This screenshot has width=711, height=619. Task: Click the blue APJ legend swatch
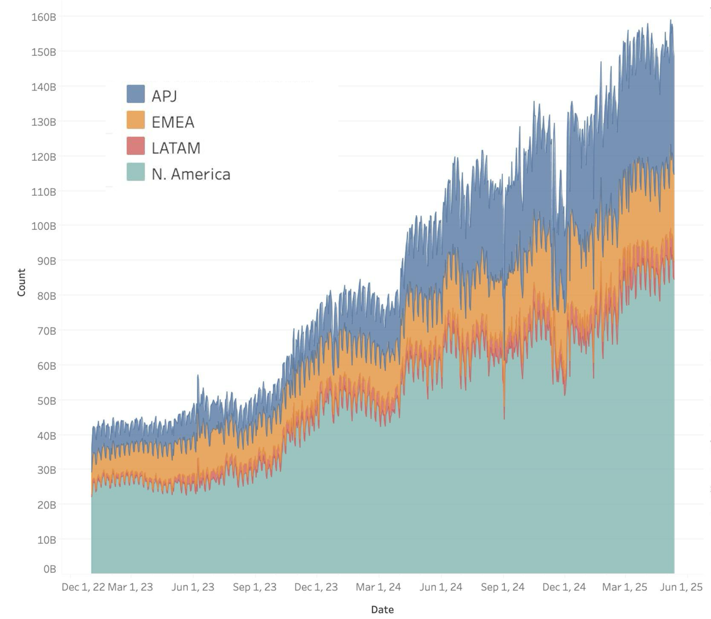136,94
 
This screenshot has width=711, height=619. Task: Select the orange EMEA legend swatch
136,120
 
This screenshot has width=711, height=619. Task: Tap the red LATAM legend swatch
136,146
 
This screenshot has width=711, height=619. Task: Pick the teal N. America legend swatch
136,172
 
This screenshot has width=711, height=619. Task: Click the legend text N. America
191,174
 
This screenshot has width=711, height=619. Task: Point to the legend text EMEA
173,122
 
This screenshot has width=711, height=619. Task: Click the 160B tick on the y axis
43,17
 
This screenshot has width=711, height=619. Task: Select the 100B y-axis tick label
43,226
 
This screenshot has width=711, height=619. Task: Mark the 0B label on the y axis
49,569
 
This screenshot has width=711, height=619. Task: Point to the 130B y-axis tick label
43,122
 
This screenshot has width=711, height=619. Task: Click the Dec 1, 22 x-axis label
83,587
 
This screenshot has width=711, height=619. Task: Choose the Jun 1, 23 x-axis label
193,587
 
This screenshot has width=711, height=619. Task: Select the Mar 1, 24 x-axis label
378,587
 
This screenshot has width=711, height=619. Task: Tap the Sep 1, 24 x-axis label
503,587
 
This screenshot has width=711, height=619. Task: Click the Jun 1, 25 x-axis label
681,587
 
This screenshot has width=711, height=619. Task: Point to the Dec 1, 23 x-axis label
316,587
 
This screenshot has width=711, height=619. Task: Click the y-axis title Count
21,283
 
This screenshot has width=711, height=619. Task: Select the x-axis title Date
382,610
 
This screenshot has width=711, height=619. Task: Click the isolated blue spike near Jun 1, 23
198,378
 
